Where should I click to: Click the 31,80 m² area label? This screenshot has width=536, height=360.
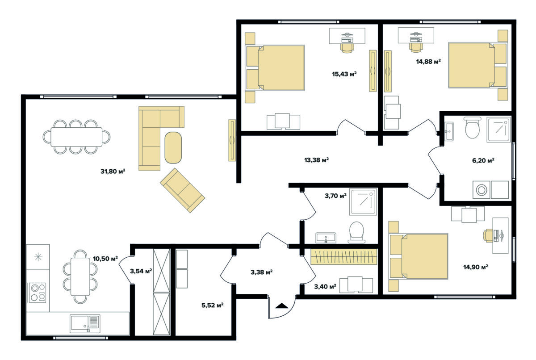113,171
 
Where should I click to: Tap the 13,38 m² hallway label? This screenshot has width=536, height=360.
316,160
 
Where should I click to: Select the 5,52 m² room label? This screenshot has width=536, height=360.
212,305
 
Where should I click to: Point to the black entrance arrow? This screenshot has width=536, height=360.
282,306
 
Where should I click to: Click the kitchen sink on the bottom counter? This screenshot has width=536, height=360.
85,324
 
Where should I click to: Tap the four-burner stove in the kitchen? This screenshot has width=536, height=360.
38,293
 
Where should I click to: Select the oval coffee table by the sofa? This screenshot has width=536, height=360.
173,147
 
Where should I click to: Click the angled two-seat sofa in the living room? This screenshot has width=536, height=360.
183,190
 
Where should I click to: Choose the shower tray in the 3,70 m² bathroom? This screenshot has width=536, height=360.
363,201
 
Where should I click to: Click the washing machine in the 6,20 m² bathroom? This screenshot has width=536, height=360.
481,190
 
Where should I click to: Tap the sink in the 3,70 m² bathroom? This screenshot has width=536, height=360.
326,238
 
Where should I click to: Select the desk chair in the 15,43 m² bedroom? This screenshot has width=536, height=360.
347,48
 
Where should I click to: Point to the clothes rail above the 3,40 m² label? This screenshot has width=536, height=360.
344,257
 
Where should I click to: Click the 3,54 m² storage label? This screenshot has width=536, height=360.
141,271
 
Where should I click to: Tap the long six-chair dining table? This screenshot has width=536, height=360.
76,137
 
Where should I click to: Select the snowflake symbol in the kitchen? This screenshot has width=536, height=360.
38,257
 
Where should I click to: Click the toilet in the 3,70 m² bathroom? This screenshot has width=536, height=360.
356,232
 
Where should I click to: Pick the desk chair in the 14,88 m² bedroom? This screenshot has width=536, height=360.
416,47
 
